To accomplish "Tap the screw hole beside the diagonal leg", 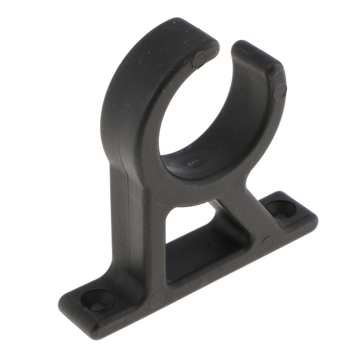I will point(281,209).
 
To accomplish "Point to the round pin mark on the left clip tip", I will point(200,59).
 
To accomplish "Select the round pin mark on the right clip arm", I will point(280,91).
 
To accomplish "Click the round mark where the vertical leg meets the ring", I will point(164,197).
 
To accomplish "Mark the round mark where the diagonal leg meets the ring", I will point(233,181).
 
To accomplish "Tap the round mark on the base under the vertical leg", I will point(157,300).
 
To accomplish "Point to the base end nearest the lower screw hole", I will point(70,309).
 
